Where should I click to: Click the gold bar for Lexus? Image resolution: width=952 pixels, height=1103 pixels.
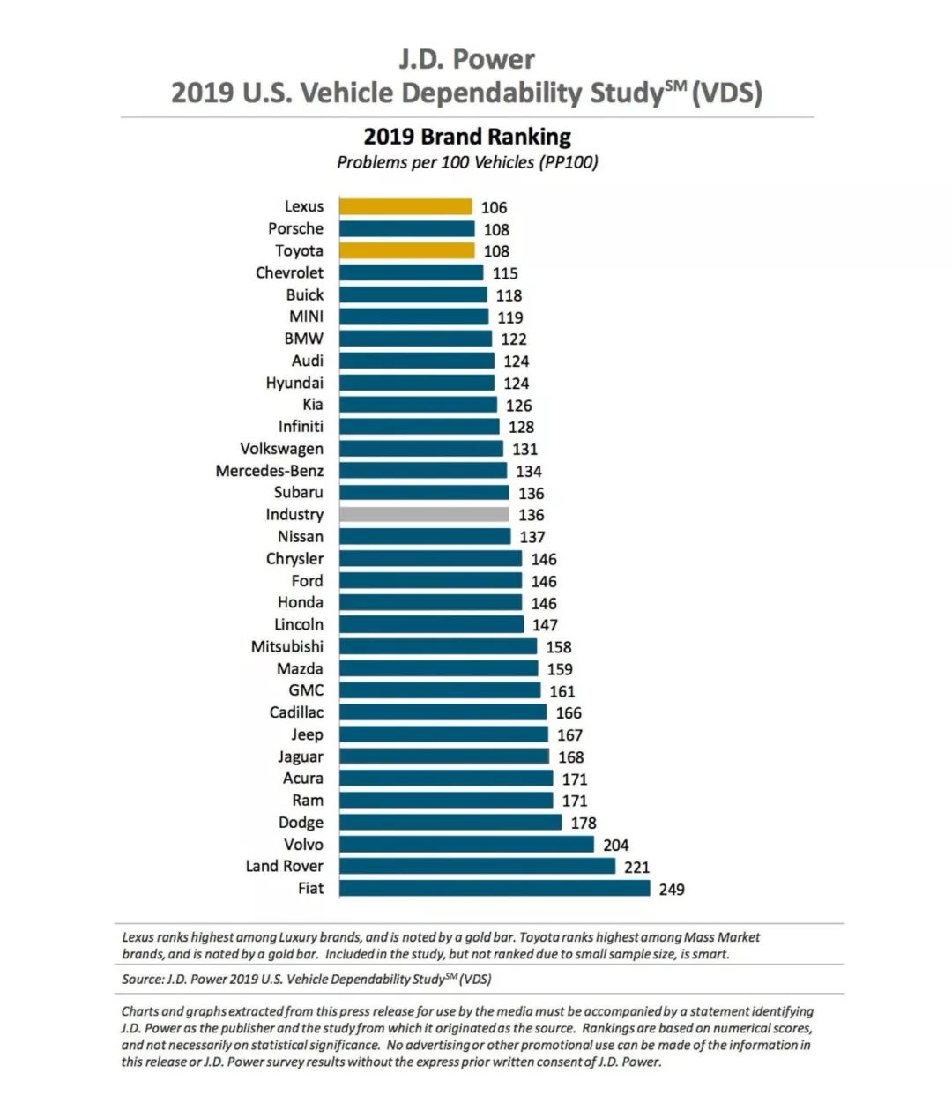coord(405,207)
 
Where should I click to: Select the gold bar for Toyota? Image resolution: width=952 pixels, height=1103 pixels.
coord(406,250)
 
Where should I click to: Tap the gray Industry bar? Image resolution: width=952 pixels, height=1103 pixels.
coord(424,514)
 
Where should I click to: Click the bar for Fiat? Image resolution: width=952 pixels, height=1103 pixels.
coord(495,888)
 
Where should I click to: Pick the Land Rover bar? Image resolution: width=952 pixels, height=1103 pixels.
coord(477,866)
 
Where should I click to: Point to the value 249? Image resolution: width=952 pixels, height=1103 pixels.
coord(672,889)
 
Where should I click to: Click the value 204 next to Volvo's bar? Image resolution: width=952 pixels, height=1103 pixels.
coord(616,845)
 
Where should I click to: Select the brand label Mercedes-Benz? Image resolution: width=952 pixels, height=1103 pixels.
coord(270,471)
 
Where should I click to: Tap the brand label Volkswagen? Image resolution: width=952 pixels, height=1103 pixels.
coord(281,449)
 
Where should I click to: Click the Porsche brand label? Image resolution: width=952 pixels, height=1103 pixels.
coord(295,228)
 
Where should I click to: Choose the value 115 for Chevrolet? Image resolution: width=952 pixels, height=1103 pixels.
coord(505,273)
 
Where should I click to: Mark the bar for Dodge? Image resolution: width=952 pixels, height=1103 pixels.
coord(450,822)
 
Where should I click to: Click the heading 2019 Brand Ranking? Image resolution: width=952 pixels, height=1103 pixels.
coord(467,137)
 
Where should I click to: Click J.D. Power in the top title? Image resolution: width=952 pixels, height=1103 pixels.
coord(467,59)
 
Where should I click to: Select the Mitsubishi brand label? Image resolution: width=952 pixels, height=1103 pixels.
coord(287,646)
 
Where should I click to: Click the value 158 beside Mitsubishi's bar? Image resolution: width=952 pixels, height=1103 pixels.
coord(559,647)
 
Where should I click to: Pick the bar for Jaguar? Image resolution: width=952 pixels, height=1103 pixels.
coord(443,756)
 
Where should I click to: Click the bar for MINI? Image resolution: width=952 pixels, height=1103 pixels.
coord(413,317)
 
